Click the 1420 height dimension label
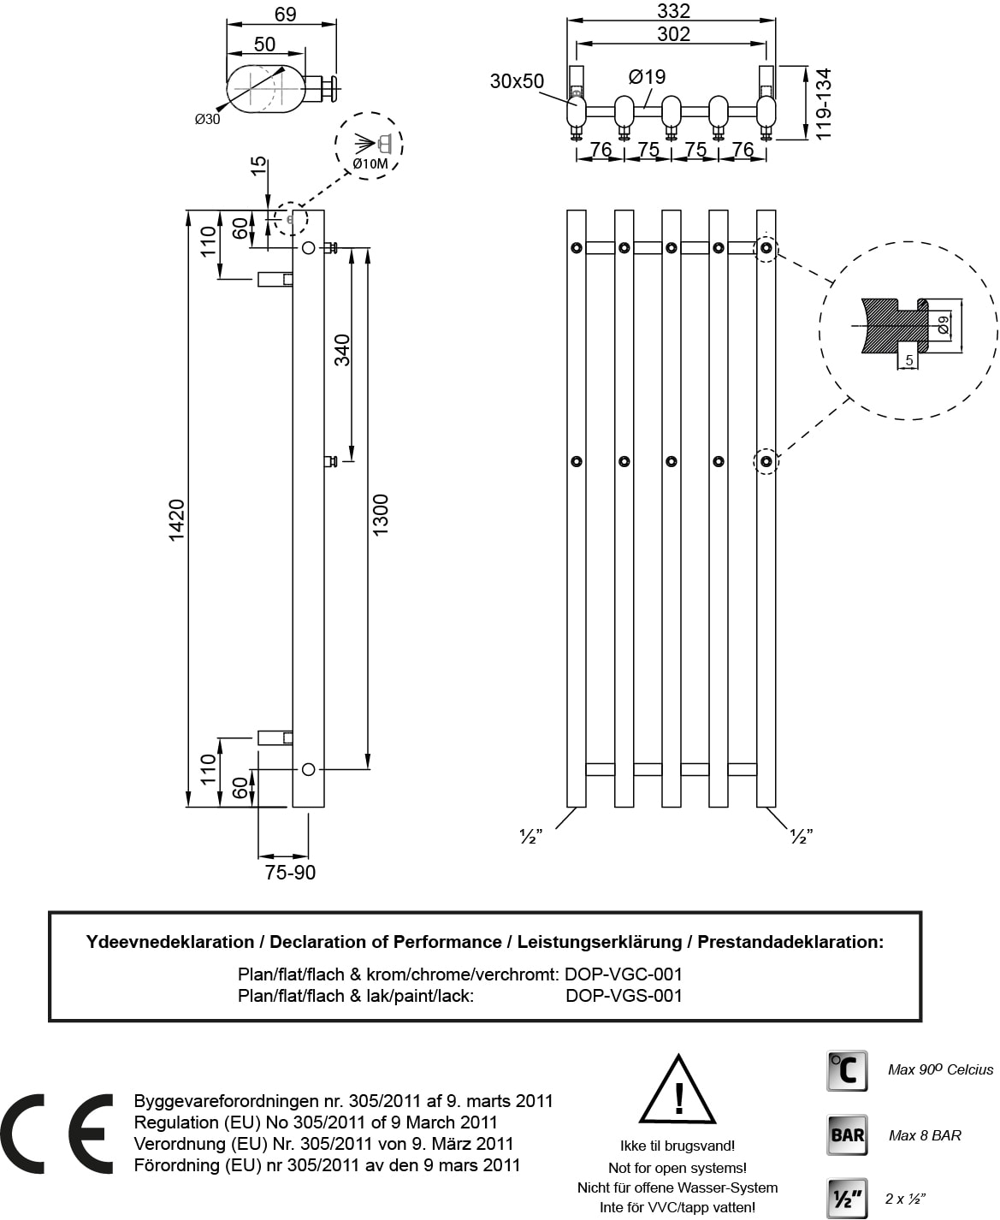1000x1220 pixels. point(176,519)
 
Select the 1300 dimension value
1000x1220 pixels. point(381,514)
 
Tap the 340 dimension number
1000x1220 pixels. point(342,350)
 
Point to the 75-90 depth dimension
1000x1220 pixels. point(290,873)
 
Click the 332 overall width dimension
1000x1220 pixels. point(673,10)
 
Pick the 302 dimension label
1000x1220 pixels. point(673,33)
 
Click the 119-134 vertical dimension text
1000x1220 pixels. point(824,105)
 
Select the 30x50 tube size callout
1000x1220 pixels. point(517,81)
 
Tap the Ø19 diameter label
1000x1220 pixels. point(647,77)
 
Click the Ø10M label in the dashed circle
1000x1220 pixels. point(370,163)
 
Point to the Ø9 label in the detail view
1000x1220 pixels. point(943,324)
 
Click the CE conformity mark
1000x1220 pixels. point(57,1133)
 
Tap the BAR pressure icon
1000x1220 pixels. point(847,1134)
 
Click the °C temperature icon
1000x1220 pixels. point(847,1070)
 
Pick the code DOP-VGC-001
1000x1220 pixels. point(624,974)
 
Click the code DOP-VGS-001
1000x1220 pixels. point(624,996)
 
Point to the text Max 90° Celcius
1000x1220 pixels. point(940,1069)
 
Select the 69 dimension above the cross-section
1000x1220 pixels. point(285,15)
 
